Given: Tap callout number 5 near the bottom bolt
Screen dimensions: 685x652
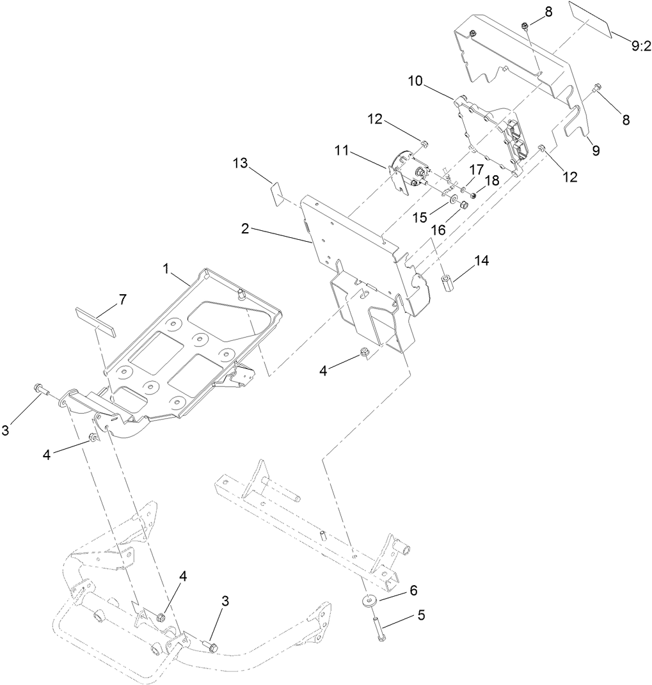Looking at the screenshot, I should (x=420, y=615).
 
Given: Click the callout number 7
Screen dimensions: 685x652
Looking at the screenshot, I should (x=122, y=299).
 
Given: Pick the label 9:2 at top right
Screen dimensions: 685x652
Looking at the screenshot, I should (x=640, y=46).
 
